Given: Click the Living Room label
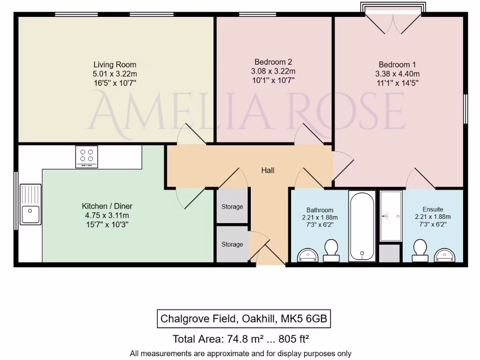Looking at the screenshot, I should [x=115, y=65].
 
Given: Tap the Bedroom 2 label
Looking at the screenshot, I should [x=273, y=62].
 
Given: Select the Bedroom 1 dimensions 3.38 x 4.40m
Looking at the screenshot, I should [x=397, y=74].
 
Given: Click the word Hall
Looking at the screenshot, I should [x=268, y=171].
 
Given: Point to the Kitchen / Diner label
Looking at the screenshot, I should [x=107, y=206].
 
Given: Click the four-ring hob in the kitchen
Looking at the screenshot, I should [x=87, y=156].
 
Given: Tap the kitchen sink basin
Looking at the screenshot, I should [x=30, y=215].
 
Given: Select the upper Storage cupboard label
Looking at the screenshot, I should [x=232, y=207].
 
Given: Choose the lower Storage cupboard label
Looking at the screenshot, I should [x=232, y=244].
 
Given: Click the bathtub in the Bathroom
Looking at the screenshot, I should [x=362, y=225].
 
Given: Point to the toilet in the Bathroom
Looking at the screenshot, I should [x=331, y=251].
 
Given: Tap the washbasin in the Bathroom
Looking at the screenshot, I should [x=307, y=255].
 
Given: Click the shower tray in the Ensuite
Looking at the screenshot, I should [x=390, y=216].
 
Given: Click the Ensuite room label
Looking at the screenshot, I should [x=432, y=210].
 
